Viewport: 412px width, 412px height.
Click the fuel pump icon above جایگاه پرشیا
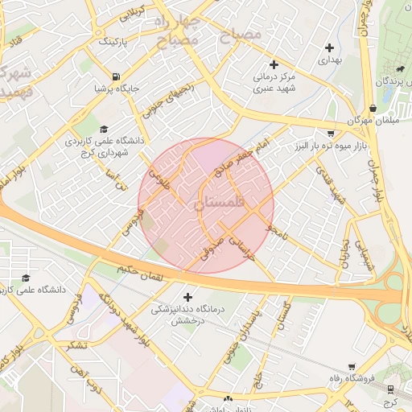(x=122, y=76)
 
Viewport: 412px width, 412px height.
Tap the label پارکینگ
(x=113, y=39)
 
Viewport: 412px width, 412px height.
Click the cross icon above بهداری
(x=330, y=47)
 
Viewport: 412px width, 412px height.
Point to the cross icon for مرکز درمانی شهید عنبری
(x=274, y=64)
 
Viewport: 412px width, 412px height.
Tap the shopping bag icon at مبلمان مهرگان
(x=373, y=108)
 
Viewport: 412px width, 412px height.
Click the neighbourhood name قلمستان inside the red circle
(x=217, y=204)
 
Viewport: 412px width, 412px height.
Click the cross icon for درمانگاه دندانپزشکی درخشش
(x=188, y=297)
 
